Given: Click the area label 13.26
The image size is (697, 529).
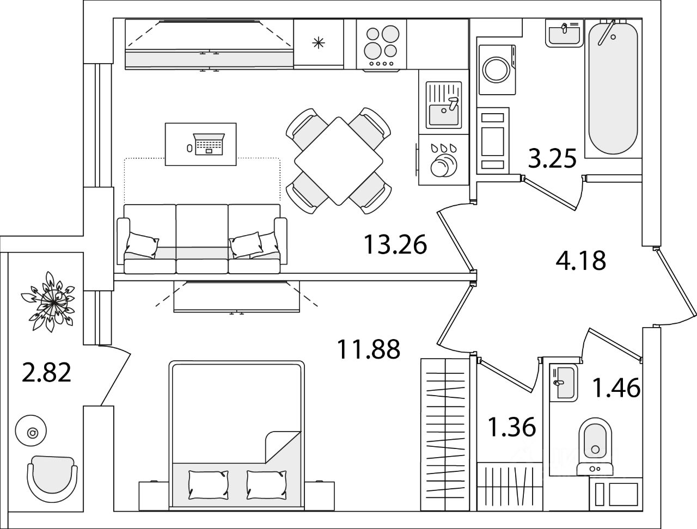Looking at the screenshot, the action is pos(395,245).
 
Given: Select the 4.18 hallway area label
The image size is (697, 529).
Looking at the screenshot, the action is pos(581,261).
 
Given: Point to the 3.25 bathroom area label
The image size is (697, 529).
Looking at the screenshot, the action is pos(552,158).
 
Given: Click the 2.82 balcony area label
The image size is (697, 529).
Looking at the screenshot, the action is pos(46,373).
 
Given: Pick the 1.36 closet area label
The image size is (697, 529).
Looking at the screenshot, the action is pos(511,427).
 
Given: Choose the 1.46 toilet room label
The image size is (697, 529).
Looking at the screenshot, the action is pos(616,388).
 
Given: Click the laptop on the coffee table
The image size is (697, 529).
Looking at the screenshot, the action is pos(209,144).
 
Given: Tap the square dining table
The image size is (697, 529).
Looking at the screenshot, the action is pos(339,161).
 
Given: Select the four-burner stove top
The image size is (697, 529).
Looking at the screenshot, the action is pos(381,45).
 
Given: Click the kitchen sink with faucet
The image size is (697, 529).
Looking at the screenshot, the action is pos(444,105).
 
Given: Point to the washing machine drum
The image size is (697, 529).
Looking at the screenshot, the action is pos(497,70).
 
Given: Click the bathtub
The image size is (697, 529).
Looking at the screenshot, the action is pos(613,88).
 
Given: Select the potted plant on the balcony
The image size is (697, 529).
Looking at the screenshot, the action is pos(48,302).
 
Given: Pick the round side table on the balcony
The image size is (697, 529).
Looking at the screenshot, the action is pos(31,431).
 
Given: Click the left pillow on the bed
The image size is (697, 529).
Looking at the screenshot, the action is pos(209,484).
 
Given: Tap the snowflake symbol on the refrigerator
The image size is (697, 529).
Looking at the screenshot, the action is pos(319,42).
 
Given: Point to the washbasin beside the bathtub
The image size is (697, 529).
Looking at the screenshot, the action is pos(564,33).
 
